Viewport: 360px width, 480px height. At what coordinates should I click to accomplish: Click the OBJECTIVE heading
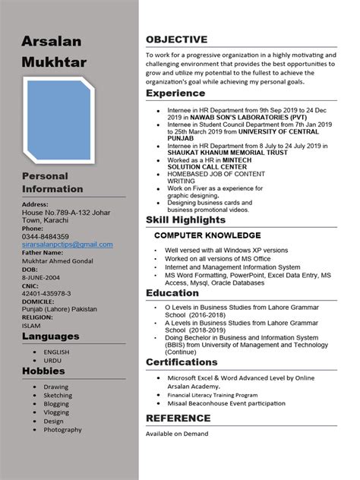click(x=176, y=39)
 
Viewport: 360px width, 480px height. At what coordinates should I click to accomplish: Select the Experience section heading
click(x=175, y=93)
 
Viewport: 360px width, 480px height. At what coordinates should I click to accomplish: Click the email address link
click(x=67, y=245)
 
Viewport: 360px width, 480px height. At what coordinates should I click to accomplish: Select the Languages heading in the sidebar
click(x=50, y=336)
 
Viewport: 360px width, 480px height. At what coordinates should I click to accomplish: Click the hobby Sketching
click(x=58, y=396)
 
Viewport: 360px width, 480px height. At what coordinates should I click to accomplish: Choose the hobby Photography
click(x=62, y=430)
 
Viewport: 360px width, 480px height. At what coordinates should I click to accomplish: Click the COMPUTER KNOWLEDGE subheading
click(x=207, y=235)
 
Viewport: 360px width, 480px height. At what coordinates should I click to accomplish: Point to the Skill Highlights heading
click(x=186, y=219)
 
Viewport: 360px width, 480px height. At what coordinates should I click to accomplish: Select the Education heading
click(x=172, y=293)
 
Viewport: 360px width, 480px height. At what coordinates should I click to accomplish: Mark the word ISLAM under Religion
click(x=32, y=325)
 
